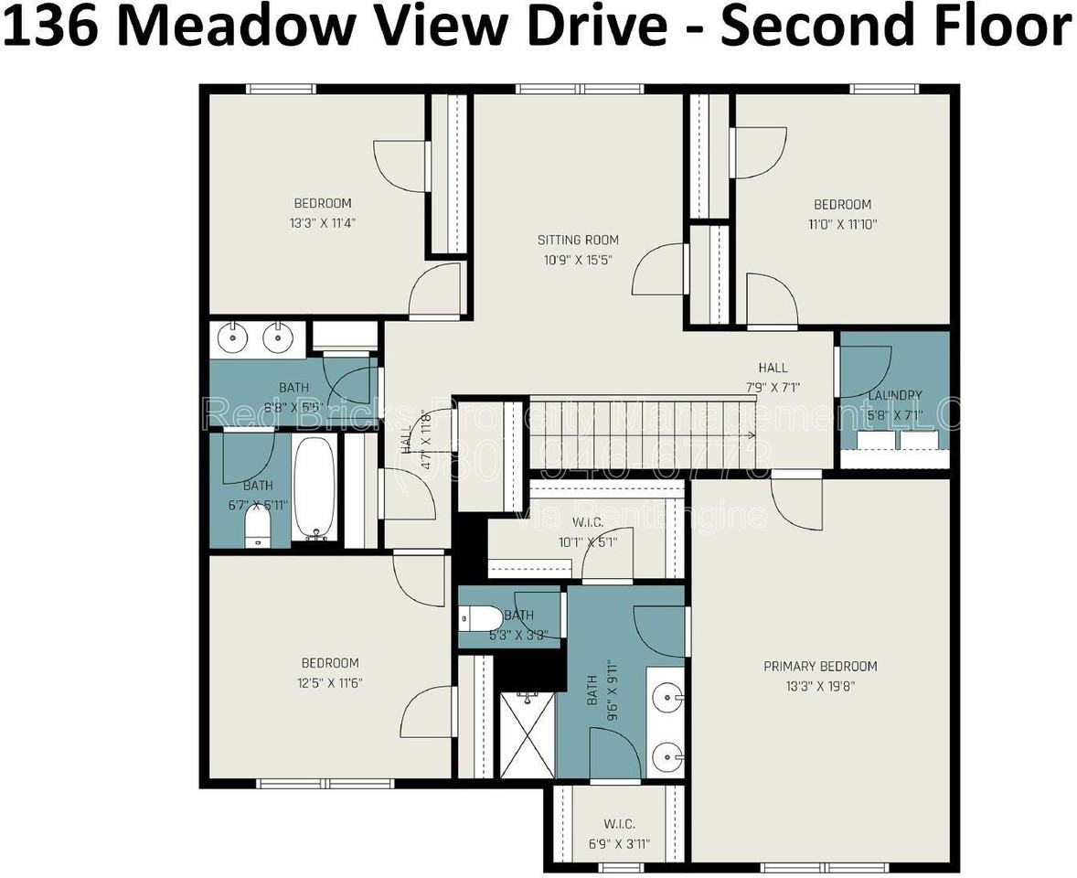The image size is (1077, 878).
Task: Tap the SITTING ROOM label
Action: (x=578, y=240)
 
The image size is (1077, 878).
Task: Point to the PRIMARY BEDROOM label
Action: (x=820, y=666)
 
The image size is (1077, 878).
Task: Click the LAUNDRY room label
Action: (x=894, y=395)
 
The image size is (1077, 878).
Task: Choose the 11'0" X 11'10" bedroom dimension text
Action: (x=842, y=223)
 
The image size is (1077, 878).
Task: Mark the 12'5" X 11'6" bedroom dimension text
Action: (x=330, y=682)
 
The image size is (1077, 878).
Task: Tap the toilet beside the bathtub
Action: (x=258, y=528)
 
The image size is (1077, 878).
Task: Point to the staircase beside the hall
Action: (x=640, y=435)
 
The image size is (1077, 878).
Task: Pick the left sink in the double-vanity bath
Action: (x=234, y=337)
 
